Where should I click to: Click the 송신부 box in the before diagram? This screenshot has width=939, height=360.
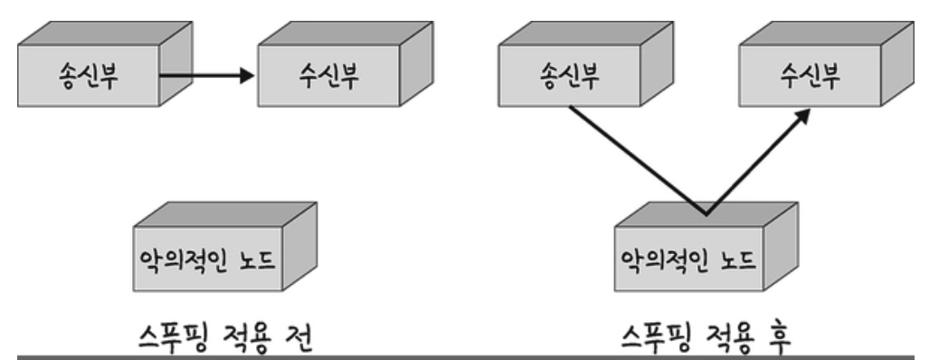105,64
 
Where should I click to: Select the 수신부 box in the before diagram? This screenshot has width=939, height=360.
346,64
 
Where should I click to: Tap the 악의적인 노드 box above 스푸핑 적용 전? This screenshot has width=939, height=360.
224,247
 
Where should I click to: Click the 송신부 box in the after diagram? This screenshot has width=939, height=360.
585,64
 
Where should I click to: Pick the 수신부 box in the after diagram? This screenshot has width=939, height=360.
827,64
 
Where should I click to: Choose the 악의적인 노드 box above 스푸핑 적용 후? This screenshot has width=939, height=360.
706,247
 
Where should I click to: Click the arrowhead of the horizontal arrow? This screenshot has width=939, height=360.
247,75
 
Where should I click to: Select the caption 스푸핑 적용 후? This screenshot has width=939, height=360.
706,337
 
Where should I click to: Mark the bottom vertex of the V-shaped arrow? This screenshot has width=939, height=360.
707,213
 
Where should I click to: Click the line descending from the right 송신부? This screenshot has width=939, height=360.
638,160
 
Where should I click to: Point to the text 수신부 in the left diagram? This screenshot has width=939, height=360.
328,76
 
